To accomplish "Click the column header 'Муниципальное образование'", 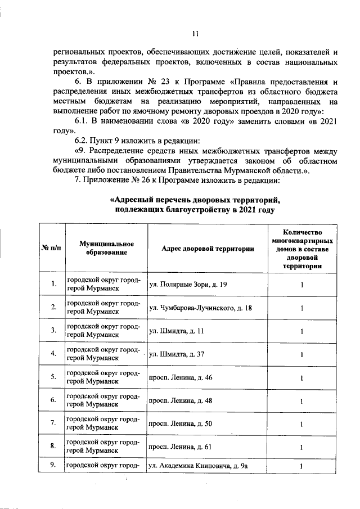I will pos(106,248).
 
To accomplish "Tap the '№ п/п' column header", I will pos(52,248).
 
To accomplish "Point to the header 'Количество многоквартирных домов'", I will pos(302,248).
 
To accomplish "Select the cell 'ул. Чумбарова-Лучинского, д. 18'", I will pos(200,308).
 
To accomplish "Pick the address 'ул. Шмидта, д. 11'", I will pos(177,331).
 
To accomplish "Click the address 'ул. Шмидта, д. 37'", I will pos(178,354).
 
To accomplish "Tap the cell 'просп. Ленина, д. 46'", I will pos(181,377).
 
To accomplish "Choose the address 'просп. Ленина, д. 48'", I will pos(181,400).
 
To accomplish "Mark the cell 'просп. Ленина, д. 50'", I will pos(181,424).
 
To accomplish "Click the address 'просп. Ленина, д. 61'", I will pos(181,447).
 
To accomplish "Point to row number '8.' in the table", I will pos(52,447).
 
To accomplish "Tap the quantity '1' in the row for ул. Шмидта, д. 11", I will pos(302,331).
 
